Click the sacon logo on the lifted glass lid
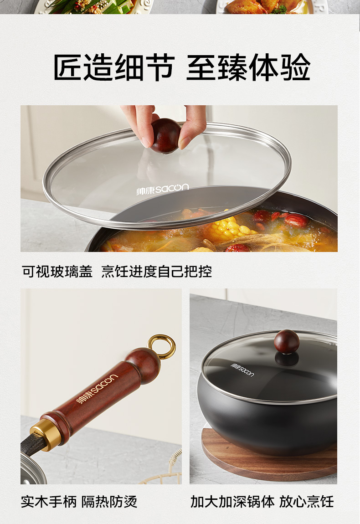[162, 189]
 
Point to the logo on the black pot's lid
[242, 369]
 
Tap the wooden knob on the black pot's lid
[287, 341]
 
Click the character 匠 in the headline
[67, 67]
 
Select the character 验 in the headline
[295, 67]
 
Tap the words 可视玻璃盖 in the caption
[57, 272]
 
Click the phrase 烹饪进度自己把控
[157, 272]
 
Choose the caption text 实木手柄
[49, 502]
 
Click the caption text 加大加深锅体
[233, 502]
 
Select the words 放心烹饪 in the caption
[307, 502]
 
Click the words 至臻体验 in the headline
[248, 67]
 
